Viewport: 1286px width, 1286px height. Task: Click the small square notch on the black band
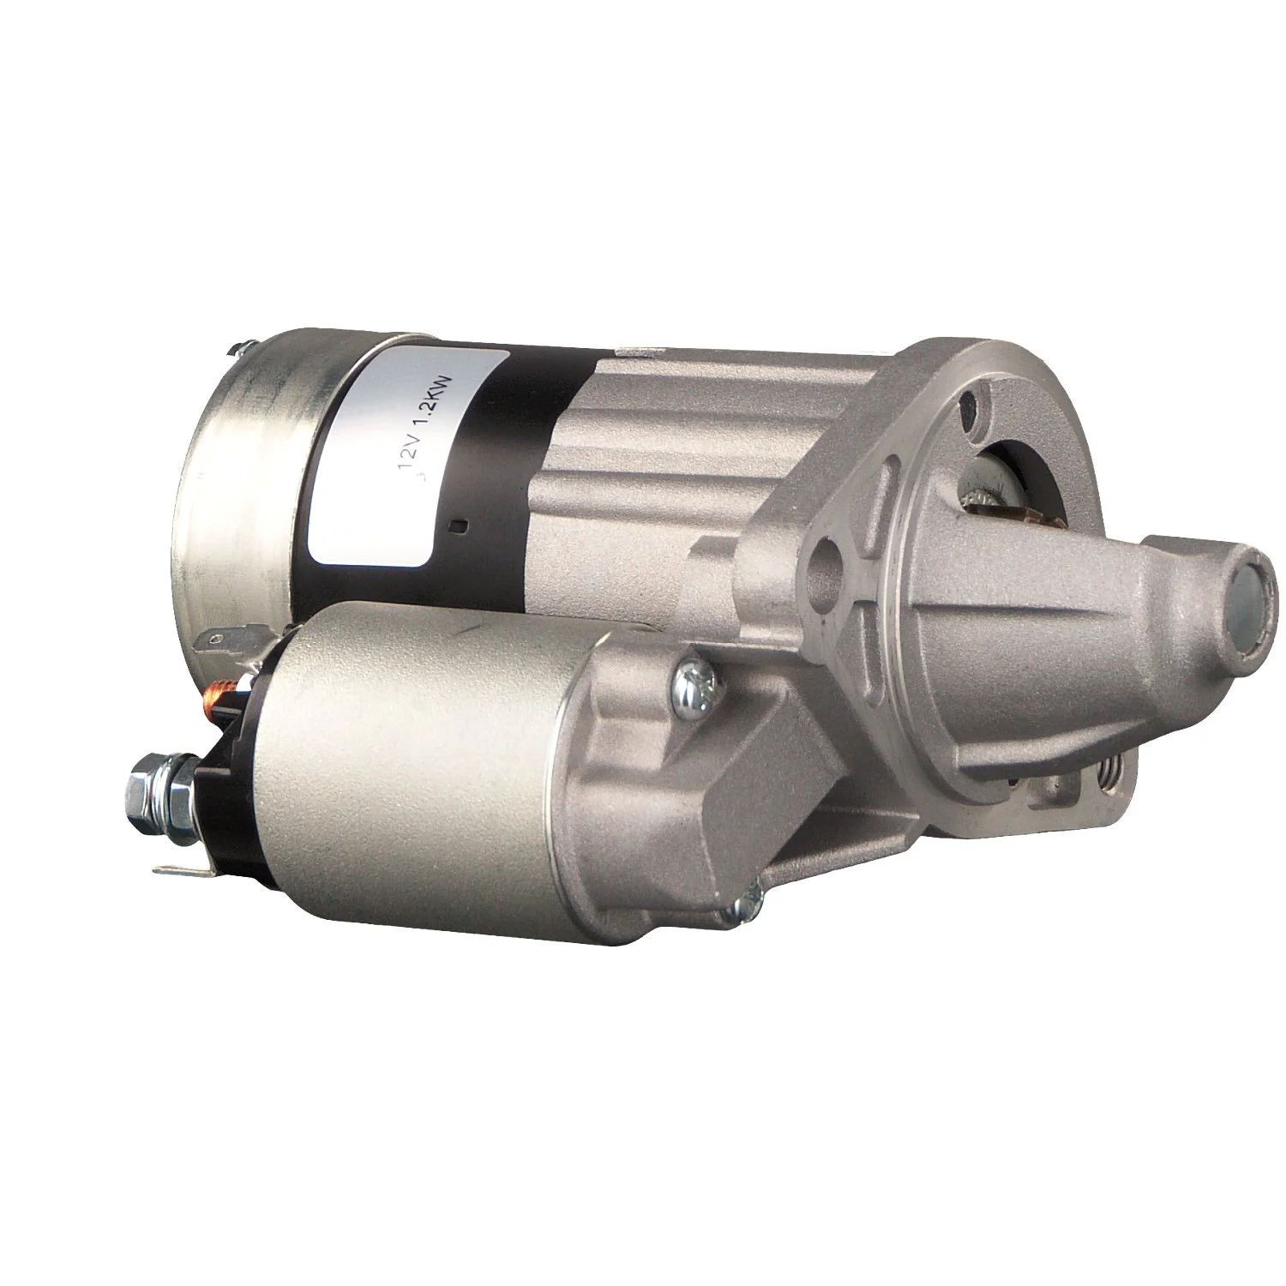click(464, 526)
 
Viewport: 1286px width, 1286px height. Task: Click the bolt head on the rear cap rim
click(237, 350)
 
